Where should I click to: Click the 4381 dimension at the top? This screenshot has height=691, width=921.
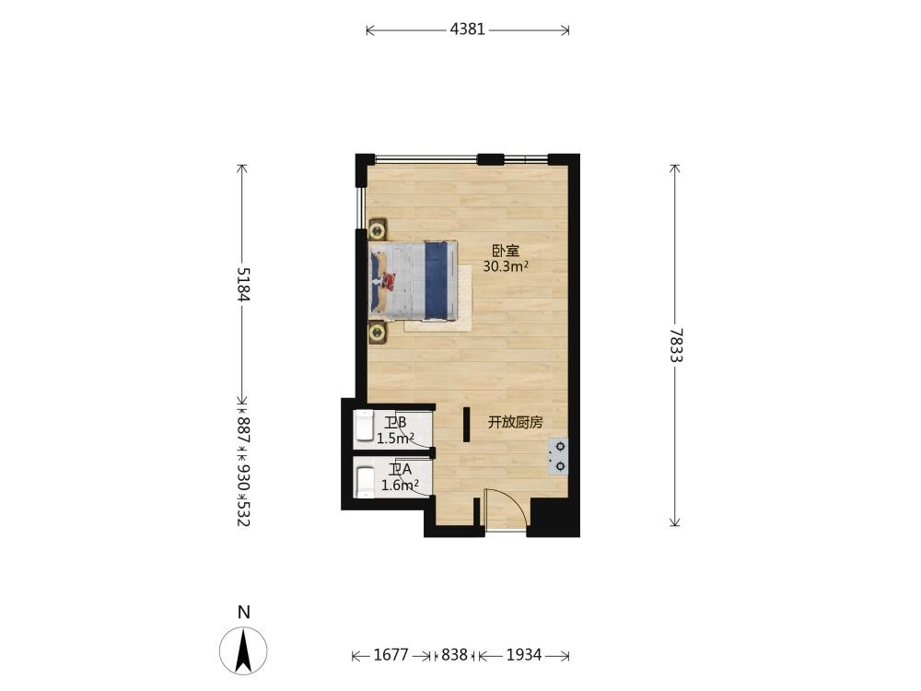click(468, 29)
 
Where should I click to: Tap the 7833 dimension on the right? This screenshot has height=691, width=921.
click(675, 345)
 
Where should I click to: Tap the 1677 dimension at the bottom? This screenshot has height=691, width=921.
click(391, 654)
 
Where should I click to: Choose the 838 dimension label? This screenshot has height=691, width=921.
click(454, 654)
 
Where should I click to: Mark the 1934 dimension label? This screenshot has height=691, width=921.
click(524, 654)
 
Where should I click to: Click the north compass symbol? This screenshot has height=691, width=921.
click(243, 650)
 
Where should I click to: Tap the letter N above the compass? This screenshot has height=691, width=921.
click(244, 613)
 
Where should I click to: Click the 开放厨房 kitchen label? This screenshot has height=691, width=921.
click(516, 422)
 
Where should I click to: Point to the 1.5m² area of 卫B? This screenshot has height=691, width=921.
click(396, 439)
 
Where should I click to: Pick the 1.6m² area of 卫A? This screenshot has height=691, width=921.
click(400, 486)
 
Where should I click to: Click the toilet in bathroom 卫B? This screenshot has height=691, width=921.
click(365, 426)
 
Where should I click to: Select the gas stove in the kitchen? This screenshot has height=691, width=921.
click(558, 456)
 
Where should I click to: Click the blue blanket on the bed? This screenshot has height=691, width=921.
click(436, 281)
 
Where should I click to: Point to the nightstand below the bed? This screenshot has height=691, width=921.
click(377, 333)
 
